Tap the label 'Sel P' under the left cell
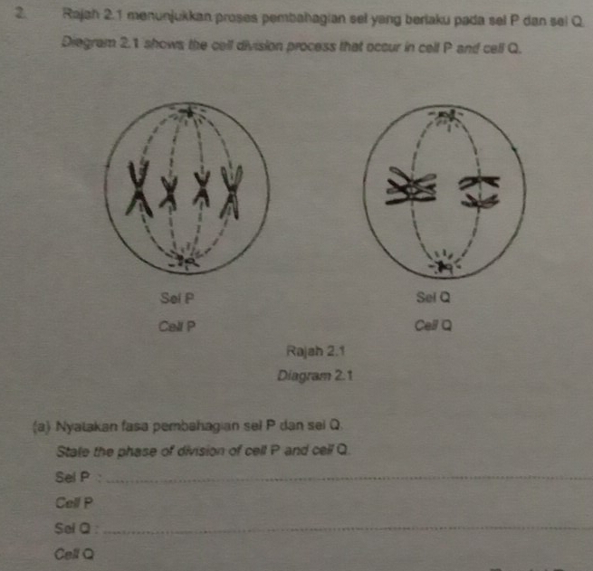click(x=177, y=299)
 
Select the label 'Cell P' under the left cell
click(x=177, y=326)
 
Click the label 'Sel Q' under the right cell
click(x=434, y=298)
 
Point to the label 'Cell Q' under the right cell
click(x=433, y=326)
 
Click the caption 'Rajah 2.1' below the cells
click(x=315, y=351)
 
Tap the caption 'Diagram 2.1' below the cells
click(x=315, y=376)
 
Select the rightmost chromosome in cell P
click(x=231, y=192)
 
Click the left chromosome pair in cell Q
click(x=411, y=186)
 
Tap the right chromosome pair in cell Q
click(x=479, y=192)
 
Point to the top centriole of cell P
click(x=187, y=112)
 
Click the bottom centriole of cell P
click(x=187, y=261)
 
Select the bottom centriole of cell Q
click(x=444, y=266)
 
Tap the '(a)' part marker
click(x=42, y=427)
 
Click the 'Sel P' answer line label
click(x=72, y=477)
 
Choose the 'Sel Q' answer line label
click(x=72, y=528)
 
